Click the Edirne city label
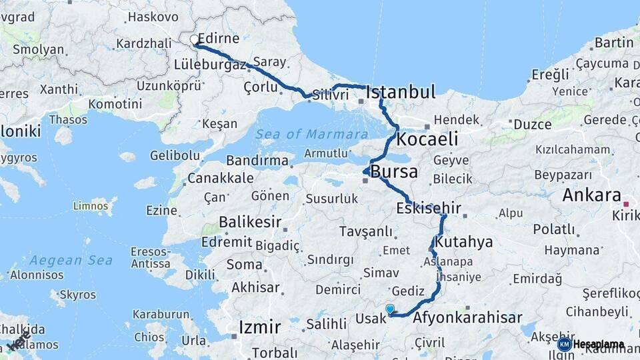(x=220, y=39)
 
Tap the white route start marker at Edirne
(x=195, y=40)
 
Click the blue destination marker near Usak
(x=390, y=309)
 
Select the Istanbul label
(x=401, y=92)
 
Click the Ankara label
(x=591, y=195)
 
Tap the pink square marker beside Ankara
(x=625, y=204)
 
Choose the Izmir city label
(x=260, y=327)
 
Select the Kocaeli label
(x=427, y=139)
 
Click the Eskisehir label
(x=429, y=209)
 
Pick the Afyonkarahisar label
(x=467, y=318)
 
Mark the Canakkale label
(x=220, y=178)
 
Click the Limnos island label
(x=90, y=205)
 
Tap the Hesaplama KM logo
(x=591, y=344)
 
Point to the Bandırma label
(x=257, y=161)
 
